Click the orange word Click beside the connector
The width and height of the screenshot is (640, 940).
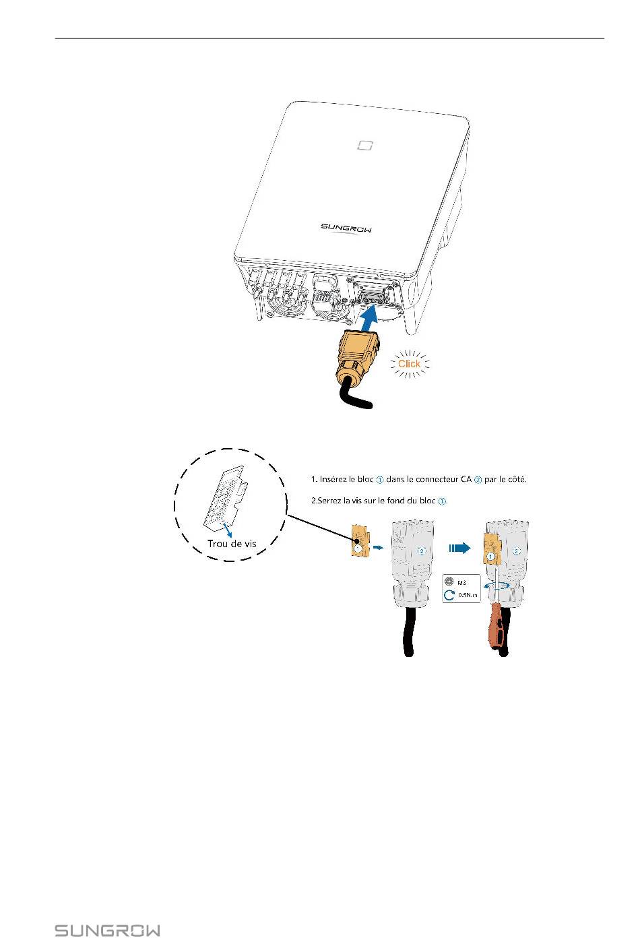click(x=409, y=364)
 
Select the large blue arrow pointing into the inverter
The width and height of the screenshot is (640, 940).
click(x=373, y=319)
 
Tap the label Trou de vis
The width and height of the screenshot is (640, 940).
click(x=232, y=543)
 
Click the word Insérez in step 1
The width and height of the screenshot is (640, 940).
click(x=335, y=480)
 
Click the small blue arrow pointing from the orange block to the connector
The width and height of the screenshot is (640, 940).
click(x=379, y=548)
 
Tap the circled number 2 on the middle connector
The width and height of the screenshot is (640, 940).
click(x=422, y=551)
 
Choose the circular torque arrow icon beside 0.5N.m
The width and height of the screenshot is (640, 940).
click(x=449, y=596)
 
